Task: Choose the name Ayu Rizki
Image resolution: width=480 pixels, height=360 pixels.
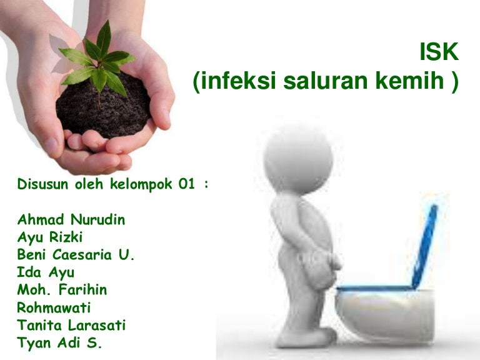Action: coord(51,238)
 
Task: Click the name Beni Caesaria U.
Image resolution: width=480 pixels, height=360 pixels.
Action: coord(76,256)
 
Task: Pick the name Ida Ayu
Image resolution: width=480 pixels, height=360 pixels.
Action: coord(45,273)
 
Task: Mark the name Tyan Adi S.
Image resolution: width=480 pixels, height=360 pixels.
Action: coord(59,343)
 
